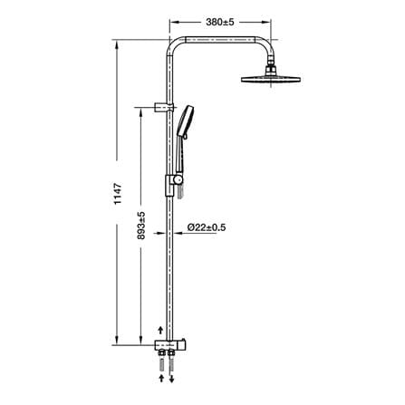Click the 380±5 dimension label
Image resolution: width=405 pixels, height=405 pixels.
(220, 22)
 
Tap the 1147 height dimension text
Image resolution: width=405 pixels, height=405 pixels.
(118, 194)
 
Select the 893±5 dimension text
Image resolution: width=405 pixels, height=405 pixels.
(141, 226)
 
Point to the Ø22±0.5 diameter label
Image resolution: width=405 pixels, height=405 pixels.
(207, 227)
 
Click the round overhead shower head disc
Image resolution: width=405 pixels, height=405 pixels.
(271, 79)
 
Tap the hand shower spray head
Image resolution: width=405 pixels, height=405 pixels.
(185, 121)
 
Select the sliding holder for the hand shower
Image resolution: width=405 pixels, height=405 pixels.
(174, 184)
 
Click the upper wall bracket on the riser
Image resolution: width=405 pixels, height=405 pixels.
(164, 107)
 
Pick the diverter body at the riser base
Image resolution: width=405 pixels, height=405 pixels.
(169, 344)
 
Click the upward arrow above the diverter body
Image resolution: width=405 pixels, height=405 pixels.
(161, 330)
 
